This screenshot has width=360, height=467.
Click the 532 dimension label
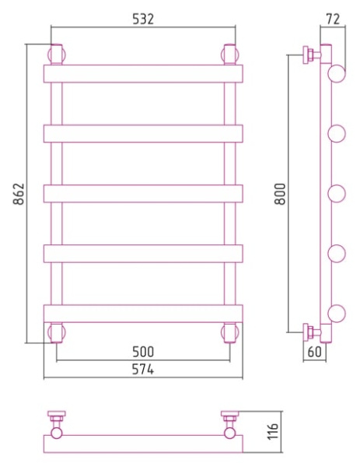[x=143, y=19]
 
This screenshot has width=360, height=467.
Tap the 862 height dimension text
[x=19, y=194]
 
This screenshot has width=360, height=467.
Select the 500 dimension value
[x=143, y=352]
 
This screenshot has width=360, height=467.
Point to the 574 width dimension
[x=143, y=370]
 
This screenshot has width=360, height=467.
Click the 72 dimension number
[x=333, y=19]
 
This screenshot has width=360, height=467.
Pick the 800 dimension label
[x=280, y=194]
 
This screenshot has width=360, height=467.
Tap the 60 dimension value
[x=314, y=352]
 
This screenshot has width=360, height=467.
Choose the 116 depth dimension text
[x=273, y=431]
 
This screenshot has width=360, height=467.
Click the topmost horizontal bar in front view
[x=143, y=74]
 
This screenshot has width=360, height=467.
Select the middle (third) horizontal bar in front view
[x=143, y=194]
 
